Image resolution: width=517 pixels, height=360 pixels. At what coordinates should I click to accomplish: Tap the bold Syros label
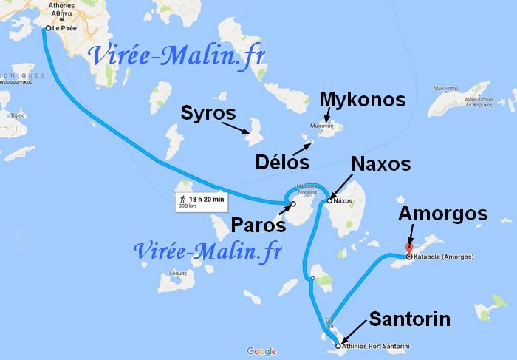(x=209, y=115)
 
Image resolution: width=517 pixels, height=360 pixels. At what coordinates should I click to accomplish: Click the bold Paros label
(x=255, y=225)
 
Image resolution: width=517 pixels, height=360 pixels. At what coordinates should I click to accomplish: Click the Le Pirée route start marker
(x=47, y=29)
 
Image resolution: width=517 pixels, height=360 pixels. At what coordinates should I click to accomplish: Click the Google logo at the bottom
(x=261, y=351)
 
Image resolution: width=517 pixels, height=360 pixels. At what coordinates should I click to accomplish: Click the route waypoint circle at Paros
(x=292, y=204)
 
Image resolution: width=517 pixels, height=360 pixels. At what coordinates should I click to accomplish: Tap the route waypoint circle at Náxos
(x=330, y=200)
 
